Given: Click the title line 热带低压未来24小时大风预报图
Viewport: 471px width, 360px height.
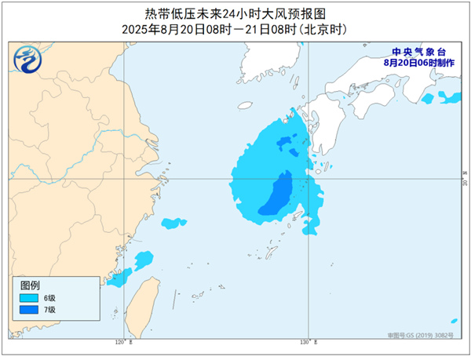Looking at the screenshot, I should tap(235, 13).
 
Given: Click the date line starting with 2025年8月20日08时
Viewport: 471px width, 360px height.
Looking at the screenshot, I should tap(235, 28).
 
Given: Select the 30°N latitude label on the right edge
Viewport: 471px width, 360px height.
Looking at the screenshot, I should tap(464, 181).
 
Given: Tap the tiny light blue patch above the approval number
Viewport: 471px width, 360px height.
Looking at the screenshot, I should tap(454, 320).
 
